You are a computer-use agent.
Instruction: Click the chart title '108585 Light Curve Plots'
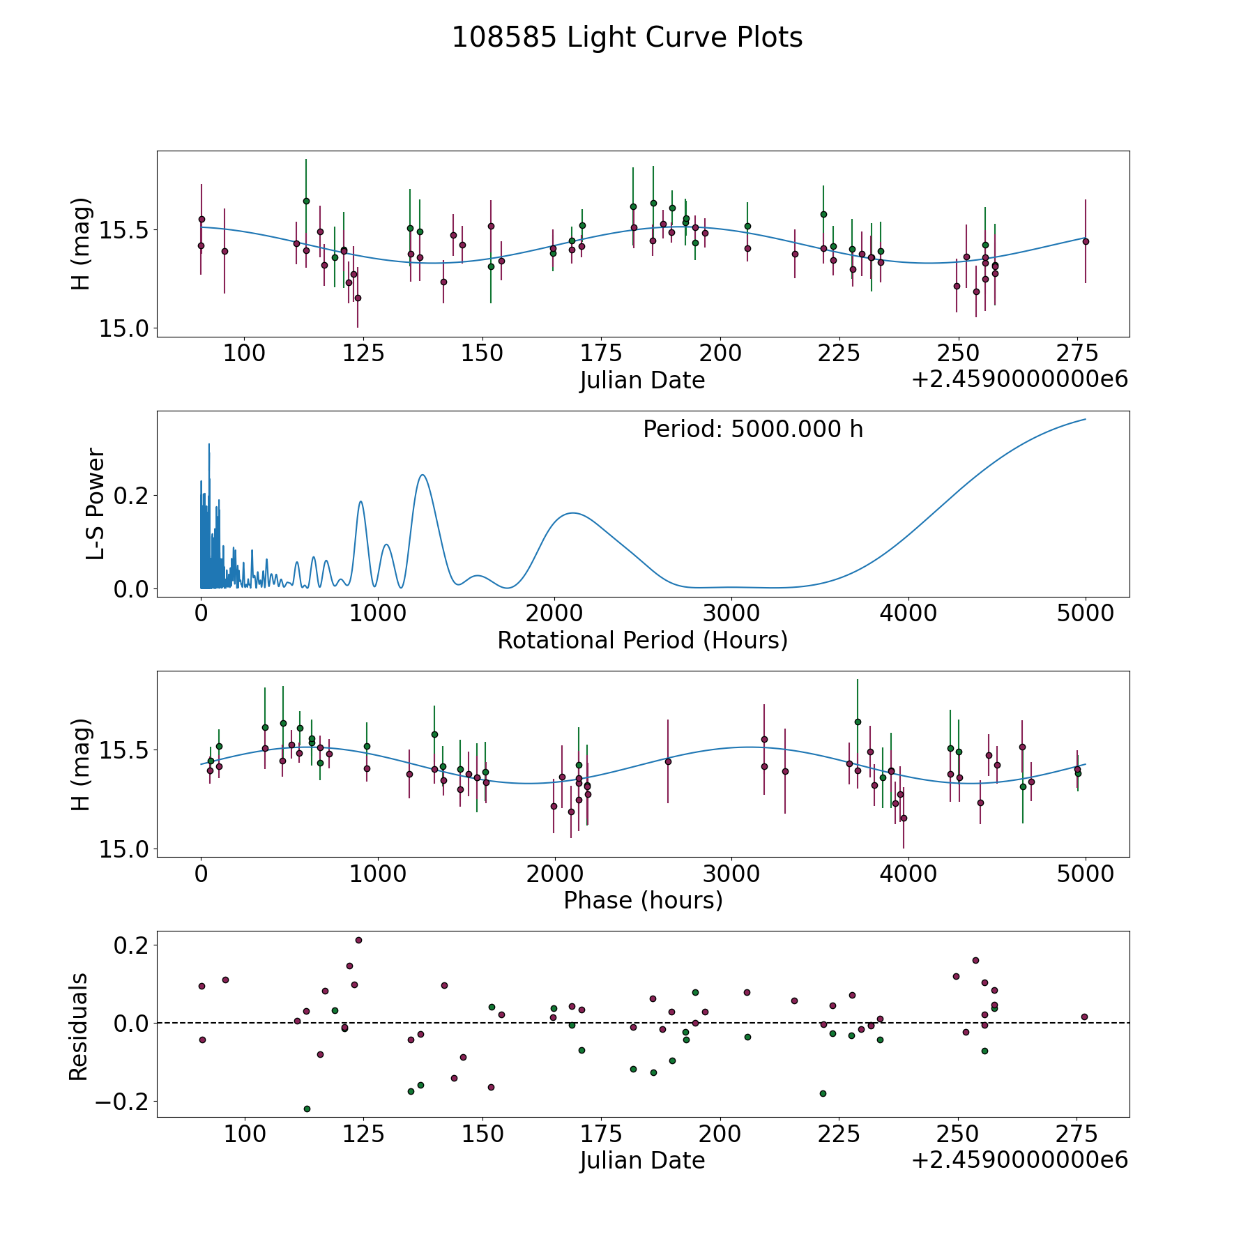[627, 38]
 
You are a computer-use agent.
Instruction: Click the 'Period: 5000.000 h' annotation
[753, 429]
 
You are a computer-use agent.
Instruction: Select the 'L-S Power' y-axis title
[96, 504]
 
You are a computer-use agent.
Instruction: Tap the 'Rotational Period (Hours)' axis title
[642, 640]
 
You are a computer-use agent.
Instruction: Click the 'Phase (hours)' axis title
[643, 900]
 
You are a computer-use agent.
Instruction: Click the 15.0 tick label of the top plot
[119, 328]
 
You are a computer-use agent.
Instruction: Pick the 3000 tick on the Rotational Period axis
[731, 614]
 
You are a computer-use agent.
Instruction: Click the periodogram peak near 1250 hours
[423, 475]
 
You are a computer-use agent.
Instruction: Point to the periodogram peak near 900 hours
[360, 501]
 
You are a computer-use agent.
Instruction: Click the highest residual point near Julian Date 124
[358, 940]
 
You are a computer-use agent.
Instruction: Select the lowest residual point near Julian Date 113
[307, 1109]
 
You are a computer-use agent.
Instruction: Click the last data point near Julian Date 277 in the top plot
[1086, 241]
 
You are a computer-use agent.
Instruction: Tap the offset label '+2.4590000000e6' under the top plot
[1019, 379]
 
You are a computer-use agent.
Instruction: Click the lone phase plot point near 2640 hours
[668, 761]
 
